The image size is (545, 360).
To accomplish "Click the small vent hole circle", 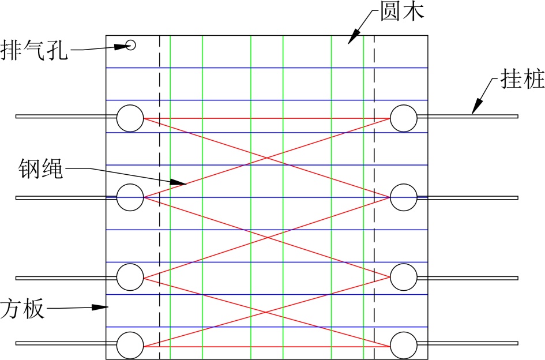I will tap(131, 44).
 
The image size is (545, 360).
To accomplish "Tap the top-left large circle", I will tap(130, 118).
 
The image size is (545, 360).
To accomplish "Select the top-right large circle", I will tap(404, 118).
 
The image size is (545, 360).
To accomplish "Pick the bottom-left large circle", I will tap(130, 345).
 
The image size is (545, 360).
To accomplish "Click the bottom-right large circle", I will tap(404, 345).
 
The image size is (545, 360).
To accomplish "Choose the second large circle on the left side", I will tap(130, 197).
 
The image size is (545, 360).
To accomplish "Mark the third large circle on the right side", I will tap(404, 277).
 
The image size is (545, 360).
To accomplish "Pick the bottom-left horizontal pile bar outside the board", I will tap(61, 343).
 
